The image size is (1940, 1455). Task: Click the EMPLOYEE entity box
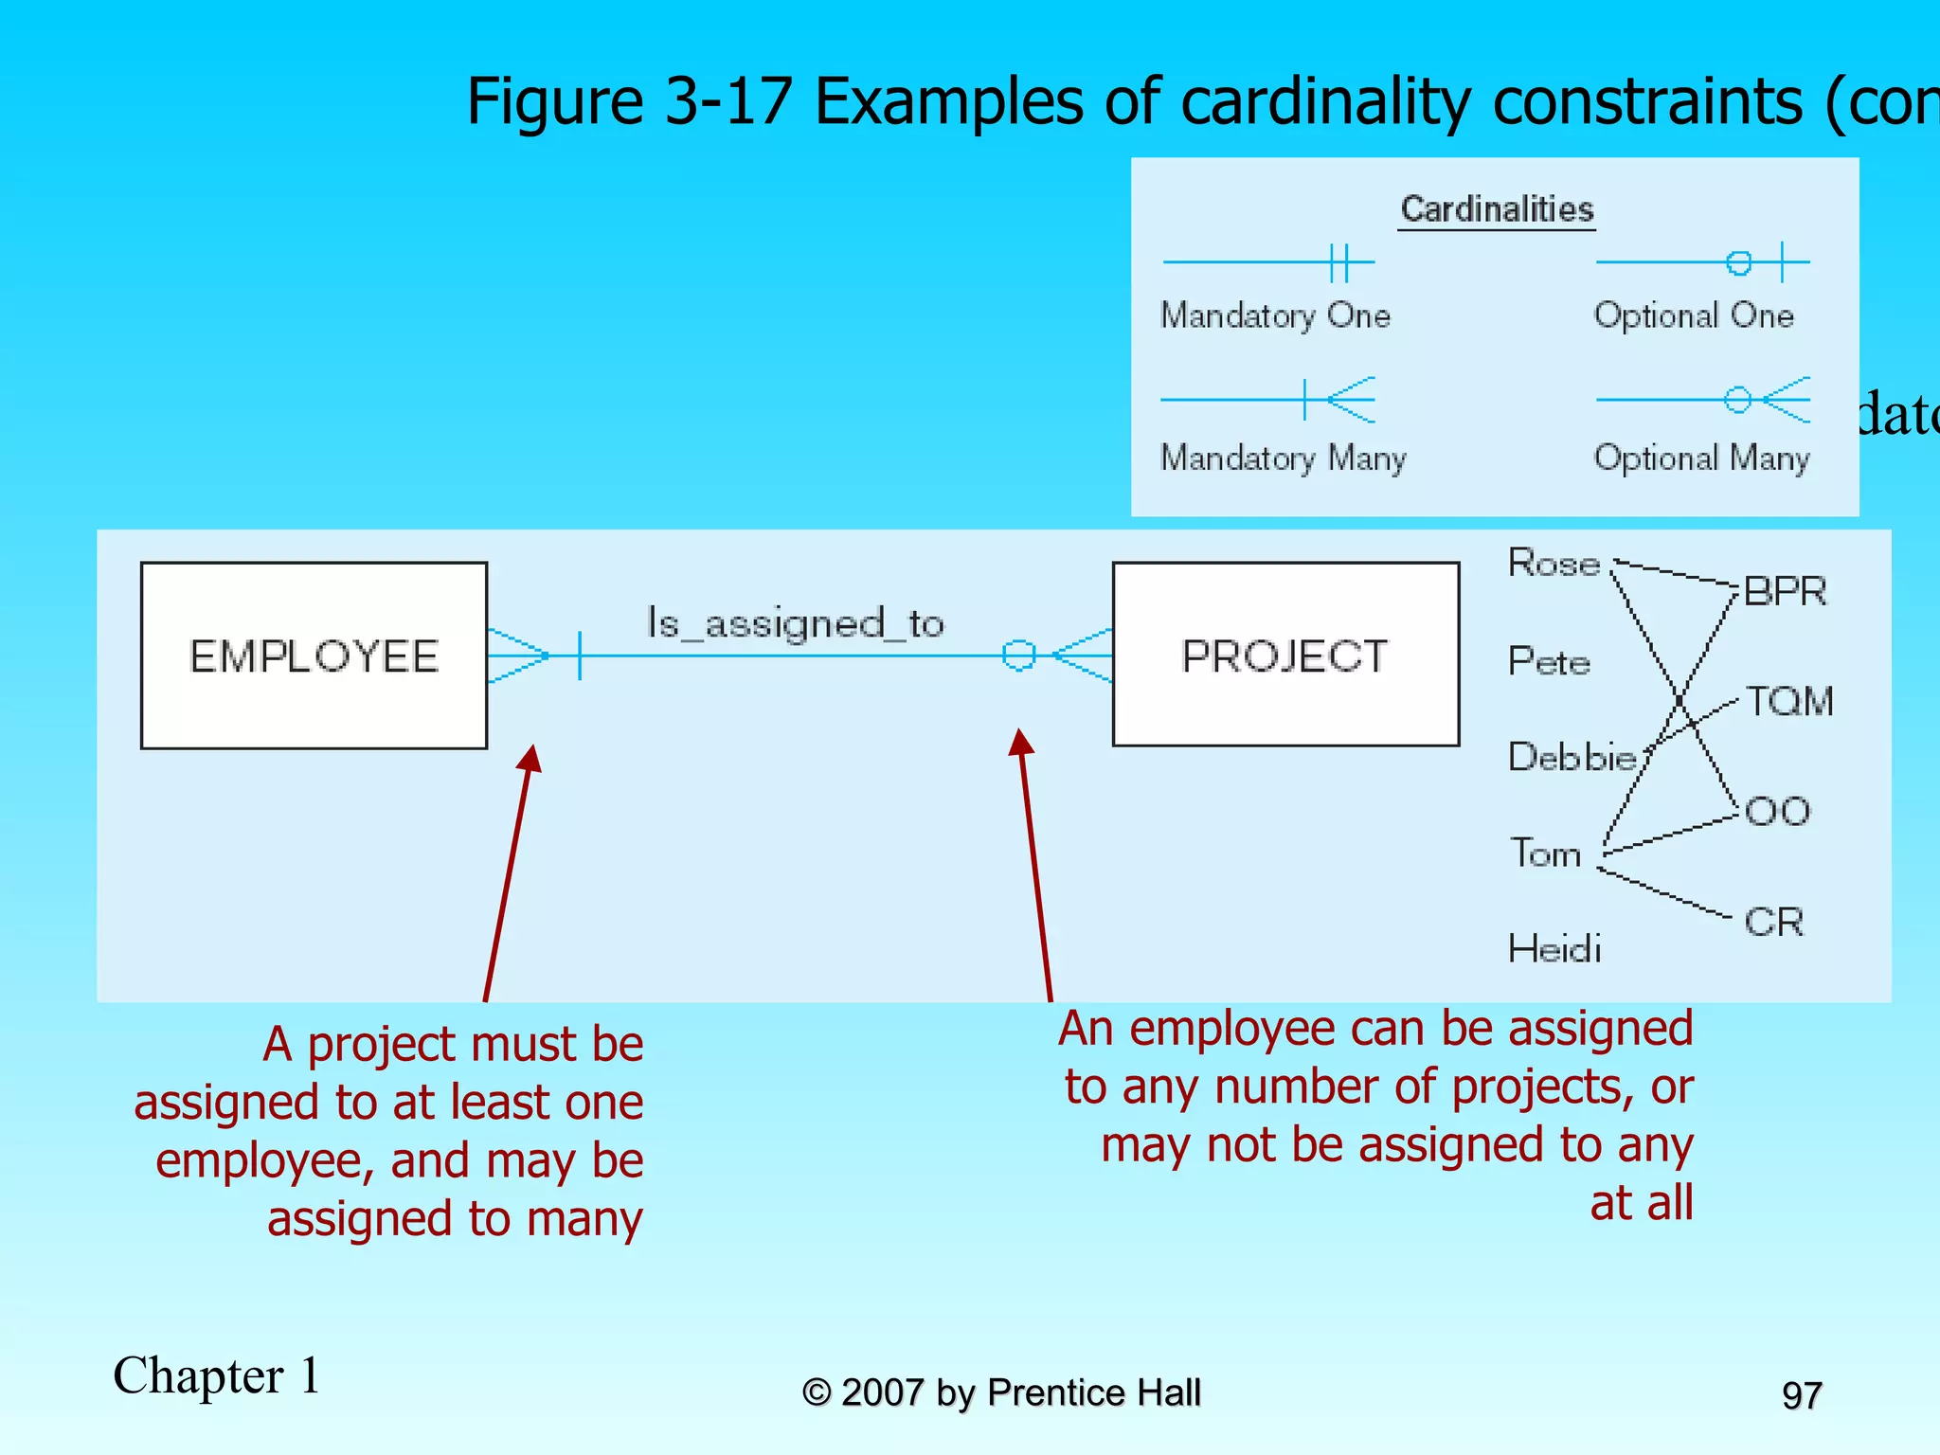point(314,656)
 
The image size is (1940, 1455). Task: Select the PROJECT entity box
point(1285,655)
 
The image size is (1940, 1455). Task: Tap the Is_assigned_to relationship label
point(795,623)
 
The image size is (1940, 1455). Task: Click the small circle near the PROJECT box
point(1018,655)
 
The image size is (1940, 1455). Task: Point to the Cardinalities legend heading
point(1497,209)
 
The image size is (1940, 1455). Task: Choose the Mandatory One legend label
point(1275,315)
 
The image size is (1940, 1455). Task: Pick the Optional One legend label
point(1694,315)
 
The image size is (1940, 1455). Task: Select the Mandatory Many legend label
point(1284,458)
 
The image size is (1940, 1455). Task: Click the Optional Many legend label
point(1701,458)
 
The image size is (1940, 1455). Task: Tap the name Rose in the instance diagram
point(1554,564)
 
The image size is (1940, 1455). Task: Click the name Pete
point(1549,661)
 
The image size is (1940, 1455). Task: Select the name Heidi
point(1554,948)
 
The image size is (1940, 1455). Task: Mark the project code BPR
point(1785,592)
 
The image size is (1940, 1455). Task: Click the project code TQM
point(1789,702)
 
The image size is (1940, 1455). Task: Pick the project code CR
point(1773,922)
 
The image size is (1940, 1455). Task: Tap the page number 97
point(1802,1395)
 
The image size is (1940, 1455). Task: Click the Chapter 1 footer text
point(216,1375)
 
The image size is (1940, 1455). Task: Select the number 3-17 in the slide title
point(727,101)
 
